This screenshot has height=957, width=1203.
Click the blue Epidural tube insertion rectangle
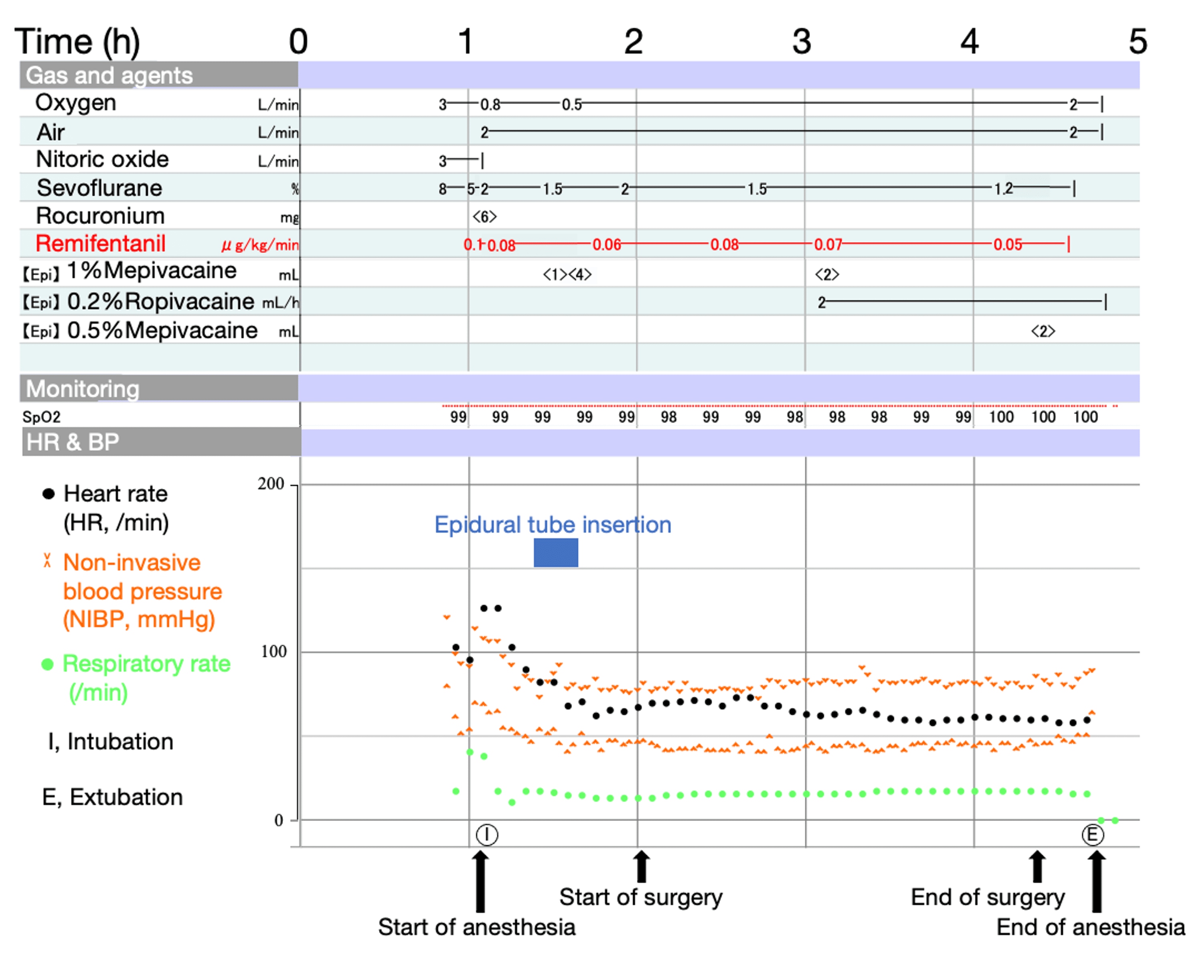click(x=556, y=552)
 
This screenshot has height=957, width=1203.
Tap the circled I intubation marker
click(x=486, y=835)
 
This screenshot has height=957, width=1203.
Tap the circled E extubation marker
click(x=1092, y=835)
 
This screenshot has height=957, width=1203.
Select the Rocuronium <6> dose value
click(x=484, y=216)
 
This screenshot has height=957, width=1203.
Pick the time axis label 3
click(x=802, y=42)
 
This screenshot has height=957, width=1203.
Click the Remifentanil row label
click(x=100, y=244)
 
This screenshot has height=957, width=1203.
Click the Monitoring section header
click(x=83, y=388)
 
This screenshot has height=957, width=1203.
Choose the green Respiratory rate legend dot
click(x=48, y=664)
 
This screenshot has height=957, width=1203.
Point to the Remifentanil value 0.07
click(x=828, y=245)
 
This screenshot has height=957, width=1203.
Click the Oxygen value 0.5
click(x=571, y=104)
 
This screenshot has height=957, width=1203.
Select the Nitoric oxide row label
click(x=102, y=160)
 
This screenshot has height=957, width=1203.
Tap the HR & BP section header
click(x=73, y=442)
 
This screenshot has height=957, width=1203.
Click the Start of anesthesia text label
click(x=476, y=927)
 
